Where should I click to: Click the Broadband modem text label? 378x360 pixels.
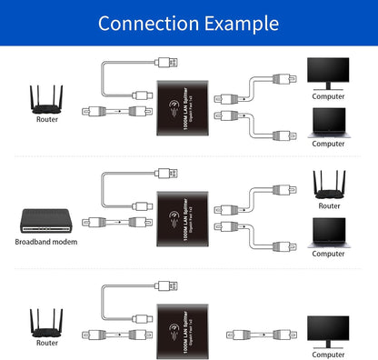(45, 241)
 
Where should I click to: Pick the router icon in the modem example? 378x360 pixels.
(327, 185)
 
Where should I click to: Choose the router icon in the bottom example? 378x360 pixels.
(46, 322)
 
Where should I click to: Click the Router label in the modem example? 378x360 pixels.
(328, 204)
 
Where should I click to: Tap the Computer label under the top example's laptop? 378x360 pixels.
(328, 143)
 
